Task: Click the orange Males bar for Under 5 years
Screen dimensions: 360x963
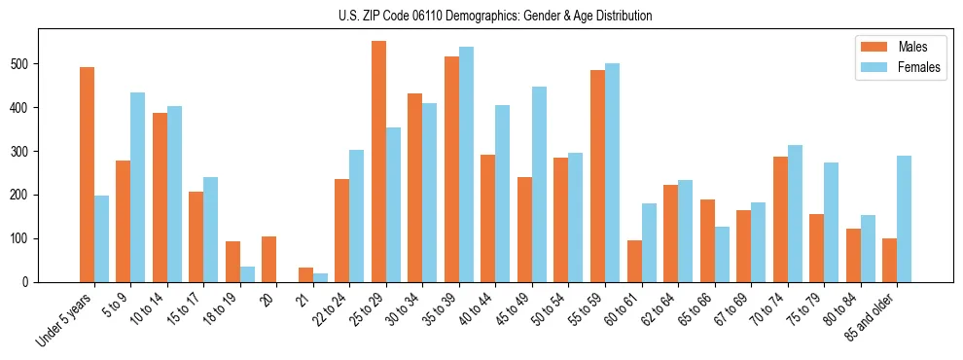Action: pyautogui.click(x=88, y=175)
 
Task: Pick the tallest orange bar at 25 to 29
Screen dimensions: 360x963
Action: pyautogui.click(x=378, y=162)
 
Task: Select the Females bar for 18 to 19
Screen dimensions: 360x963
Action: pyautogui.click(x=247, y=274)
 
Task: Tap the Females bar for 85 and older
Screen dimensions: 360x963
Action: pyautogui.click(x=904, y=219)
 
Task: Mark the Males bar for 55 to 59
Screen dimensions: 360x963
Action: pyautogui.click(x=597, y=176)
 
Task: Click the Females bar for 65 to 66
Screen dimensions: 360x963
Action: pyautogui.click(x=722, y=254)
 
